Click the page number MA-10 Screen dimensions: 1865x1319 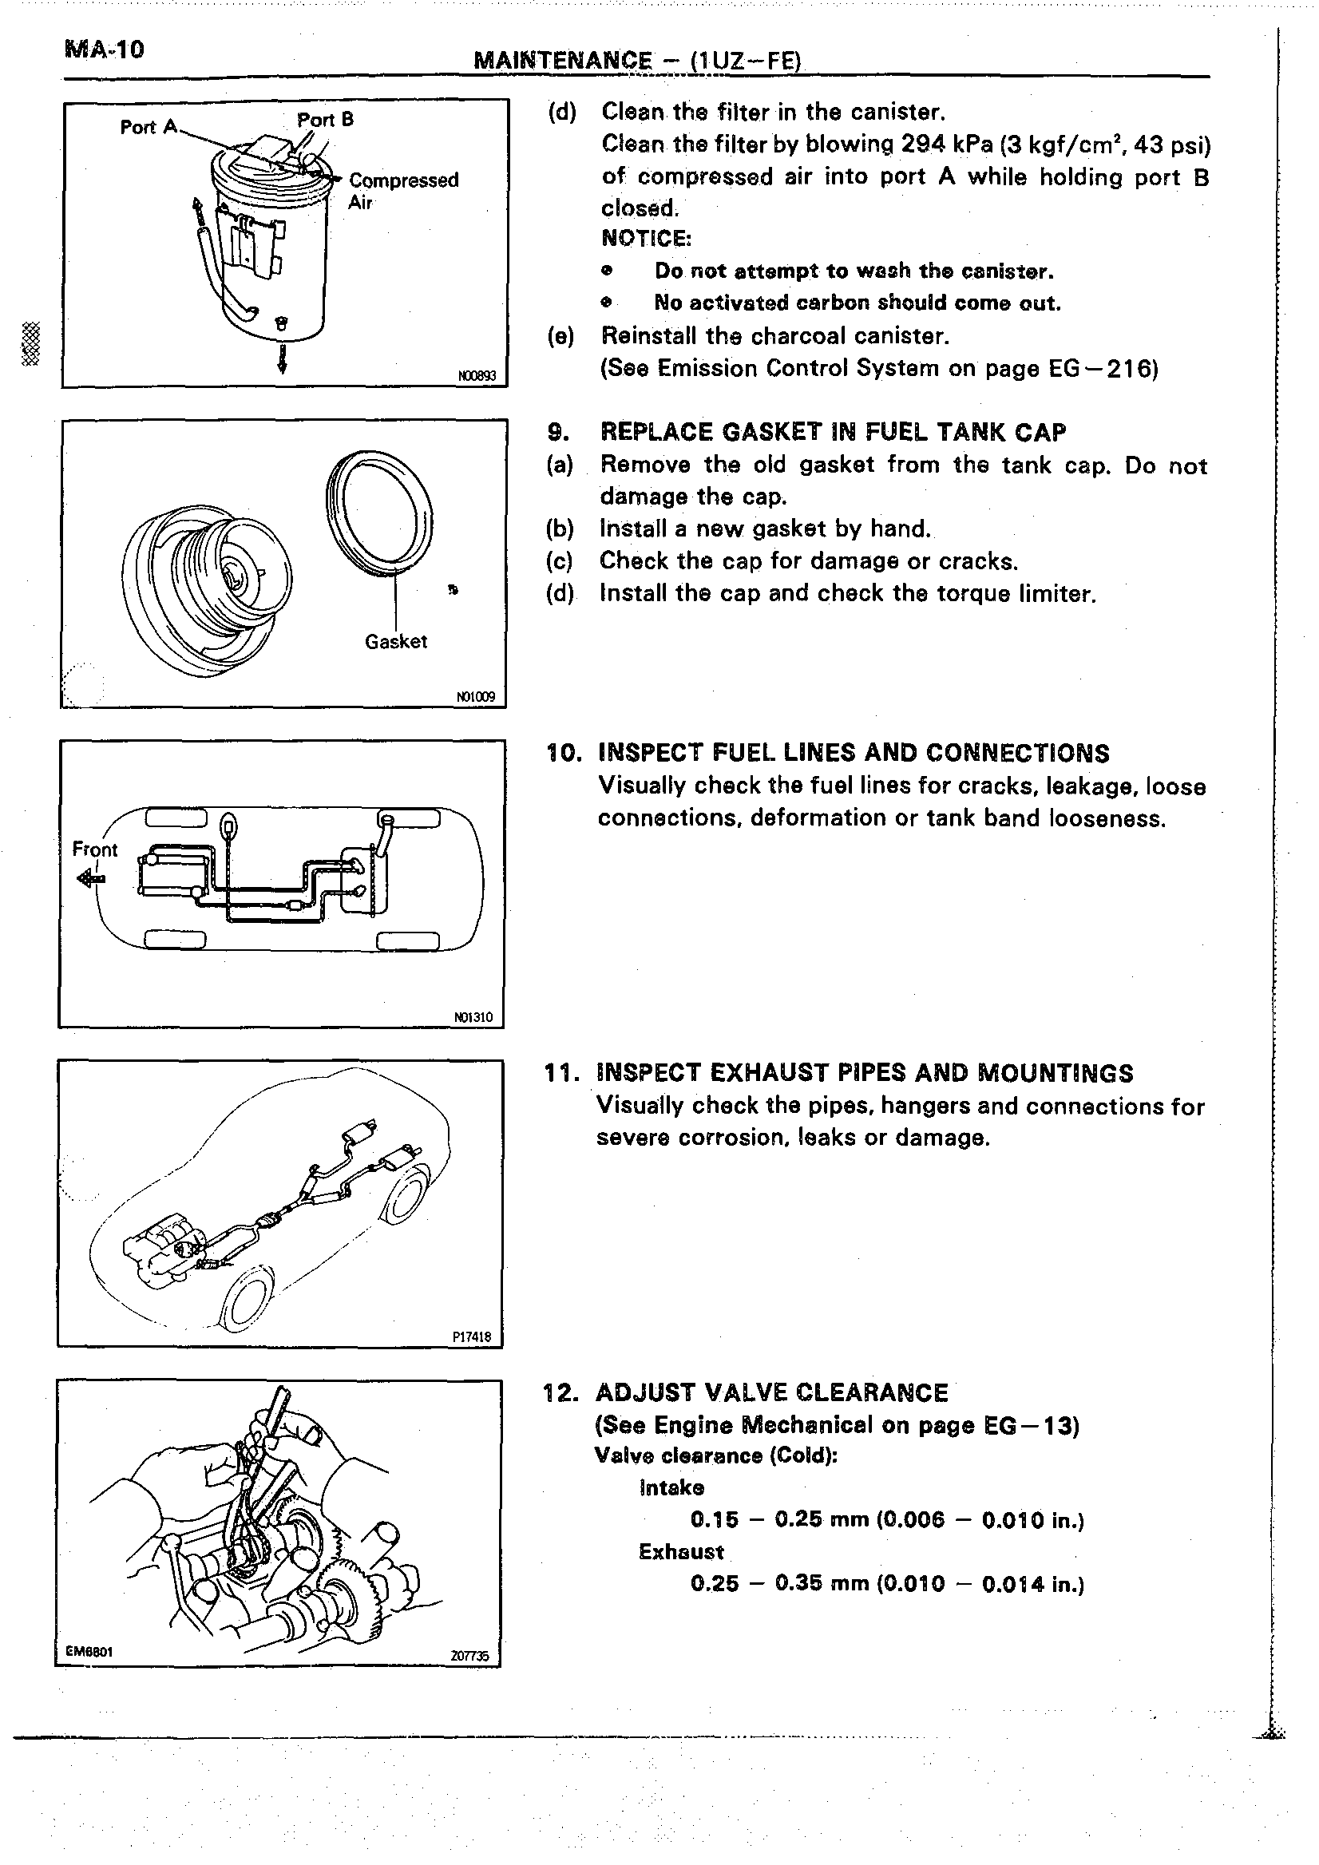[x=103, y=50]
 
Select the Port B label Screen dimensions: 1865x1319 [x=325, y=121]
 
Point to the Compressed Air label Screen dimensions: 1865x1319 [x=403, y=190]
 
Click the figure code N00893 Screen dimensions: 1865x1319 [x=477, y=376]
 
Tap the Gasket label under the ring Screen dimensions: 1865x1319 [x=395, y=642]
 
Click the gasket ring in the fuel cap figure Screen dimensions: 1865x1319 [x=378, y=513]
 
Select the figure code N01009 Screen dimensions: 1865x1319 [x=476, y=697]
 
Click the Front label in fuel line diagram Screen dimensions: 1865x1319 [x=94, y=849]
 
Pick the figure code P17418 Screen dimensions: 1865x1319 [x=473, y=1337]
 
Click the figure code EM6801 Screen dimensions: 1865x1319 [x=89, y=1650]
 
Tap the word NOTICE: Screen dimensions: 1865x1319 [x=646, y=239]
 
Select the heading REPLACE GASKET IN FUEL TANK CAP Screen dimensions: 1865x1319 [x=833, y=432]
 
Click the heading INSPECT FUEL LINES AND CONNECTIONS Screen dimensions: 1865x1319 [x=853, y=753]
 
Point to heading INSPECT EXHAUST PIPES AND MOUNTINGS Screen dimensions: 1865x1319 [x=864, y=1073]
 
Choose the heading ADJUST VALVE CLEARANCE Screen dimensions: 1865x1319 [x=771, y=1393]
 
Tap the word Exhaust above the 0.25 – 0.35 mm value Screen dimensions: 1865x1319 [x=680, y=1552]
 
